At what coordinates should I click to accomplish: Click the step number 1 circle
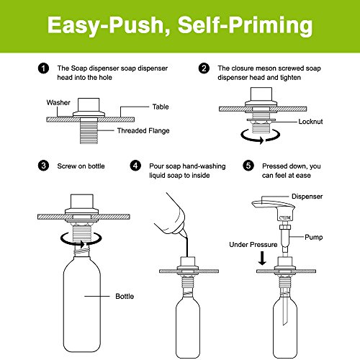point(43,68)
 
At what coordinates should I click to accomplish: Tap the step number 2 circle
point(204,68)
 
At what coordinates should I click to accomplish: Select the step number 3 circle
point(43,166)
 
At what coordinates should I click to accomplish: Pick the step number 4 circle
point(135,166)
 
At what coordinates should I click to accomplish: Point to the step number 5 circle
point(248,166)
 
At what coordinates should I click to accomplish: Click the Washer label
point(58,102)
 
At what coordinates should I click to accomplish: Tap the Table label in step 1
point(161,107)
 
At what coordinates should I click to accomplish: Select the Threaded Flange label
point(143,130)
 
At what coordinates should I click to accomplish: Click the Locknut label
point(310,122)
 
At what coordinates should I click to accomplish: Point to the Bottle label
point(125,296)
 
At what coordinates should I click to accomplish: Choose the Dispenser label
point(307,197)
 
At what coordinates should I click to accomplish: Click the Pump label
point(313,237)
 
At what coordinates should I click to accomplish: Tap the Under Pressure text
point(253,245)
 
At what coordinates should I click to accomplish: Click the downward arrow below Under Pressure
point(262,258)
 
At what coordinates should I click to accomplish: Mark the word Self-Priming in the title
point(245,26)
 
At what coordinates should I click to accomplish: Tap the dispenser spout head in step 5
point(274,205)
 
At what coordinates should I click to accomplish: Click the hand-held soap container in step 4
point(171,215)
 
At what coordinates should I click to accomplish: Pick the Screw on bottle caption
point(81,166)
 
